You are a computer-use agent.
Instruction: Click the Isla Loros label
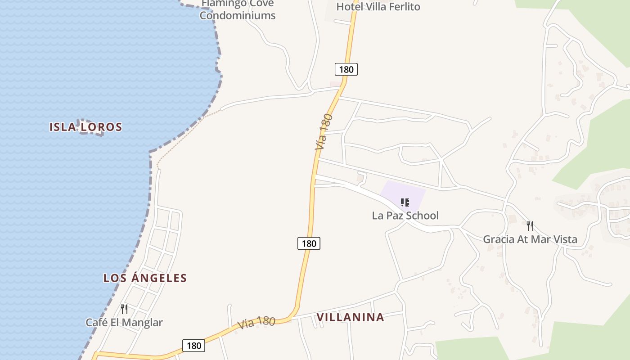click(85, 127)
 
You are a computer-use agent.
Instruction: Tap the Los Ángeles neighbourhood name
click(145, 278)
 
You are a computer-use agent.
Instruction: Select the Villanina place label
click(351, 317)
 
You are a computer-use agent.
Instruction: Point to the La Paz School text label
click(405, 216)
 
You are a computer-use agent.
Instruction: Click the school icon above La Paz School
click(405, 202)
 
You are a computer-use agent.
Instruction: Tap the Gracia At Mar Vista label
click(530, 239)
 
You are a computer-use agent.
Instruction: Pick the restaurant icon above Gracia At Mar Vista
click(530, 225)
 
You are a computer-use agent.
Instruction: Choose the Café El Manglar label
click(124, 323)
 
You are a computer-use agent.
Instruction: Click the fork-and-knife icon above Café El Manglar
click(124, 309)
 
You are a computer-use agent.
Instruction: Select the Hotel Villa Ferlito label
click(378, 7)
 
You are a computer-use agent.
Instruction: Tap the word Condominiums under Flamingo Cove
click(237, 15)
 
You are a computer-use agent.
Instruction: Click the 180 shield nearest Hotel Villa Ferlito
click(346, 69)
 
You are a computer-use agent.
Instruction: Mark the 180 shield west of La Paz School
click(309, 243)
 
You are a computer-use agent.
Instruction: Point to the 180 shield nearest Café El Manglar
click(193, 346)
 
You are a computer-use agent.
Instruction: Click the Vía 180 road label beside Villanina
click(256, 322)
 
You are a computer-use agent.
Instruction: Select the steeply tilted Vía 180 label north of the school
click(324, 132)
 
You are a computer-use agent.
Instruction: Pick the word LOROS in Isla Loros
click(102, 127)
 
